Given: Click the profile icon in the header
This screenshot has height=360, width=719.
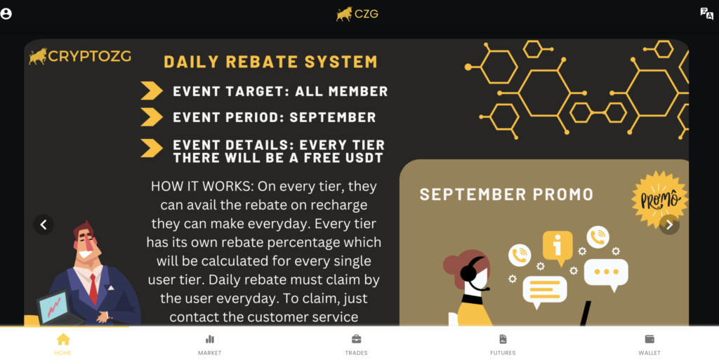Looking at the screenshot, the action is coord(6,14).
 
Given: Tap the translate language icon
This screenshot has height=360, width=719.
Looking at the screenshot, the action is coord(706,14).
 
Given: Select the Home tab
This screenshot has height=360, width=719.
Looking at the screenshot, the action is coord(63,345).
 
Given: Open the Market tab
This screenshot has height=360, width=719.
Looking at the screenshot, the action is coord(209,345).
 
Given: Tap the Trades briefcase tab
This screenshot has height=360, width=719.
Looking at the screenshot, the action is coord(356,345).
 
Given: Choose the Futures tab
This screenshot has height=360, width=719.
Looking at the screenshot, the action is coord(503,345).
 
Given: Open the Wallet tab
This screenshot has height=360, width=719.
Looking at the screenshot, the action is coord(649,345).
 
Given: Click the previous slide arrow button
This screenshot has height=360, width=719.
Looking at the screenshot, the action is coord(44,225).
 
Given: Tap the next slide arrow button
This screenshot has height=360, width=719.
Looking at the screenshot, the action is coord(669,225).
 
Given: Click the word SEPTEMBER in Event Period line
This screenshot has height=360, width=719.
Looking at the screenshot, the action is coord(333,117).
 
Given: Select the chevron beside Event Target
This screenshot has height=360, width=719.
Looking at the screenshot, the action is coord(152,91).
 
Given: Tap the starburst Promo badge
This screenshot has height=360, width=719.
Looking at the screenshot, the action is coord(660,199).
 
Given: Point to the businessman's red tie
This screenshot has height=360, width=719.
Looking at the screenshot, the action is coord(93,288).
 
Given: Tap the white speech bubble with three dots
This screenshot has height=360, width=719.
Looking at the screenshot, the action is coord(606,274).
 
